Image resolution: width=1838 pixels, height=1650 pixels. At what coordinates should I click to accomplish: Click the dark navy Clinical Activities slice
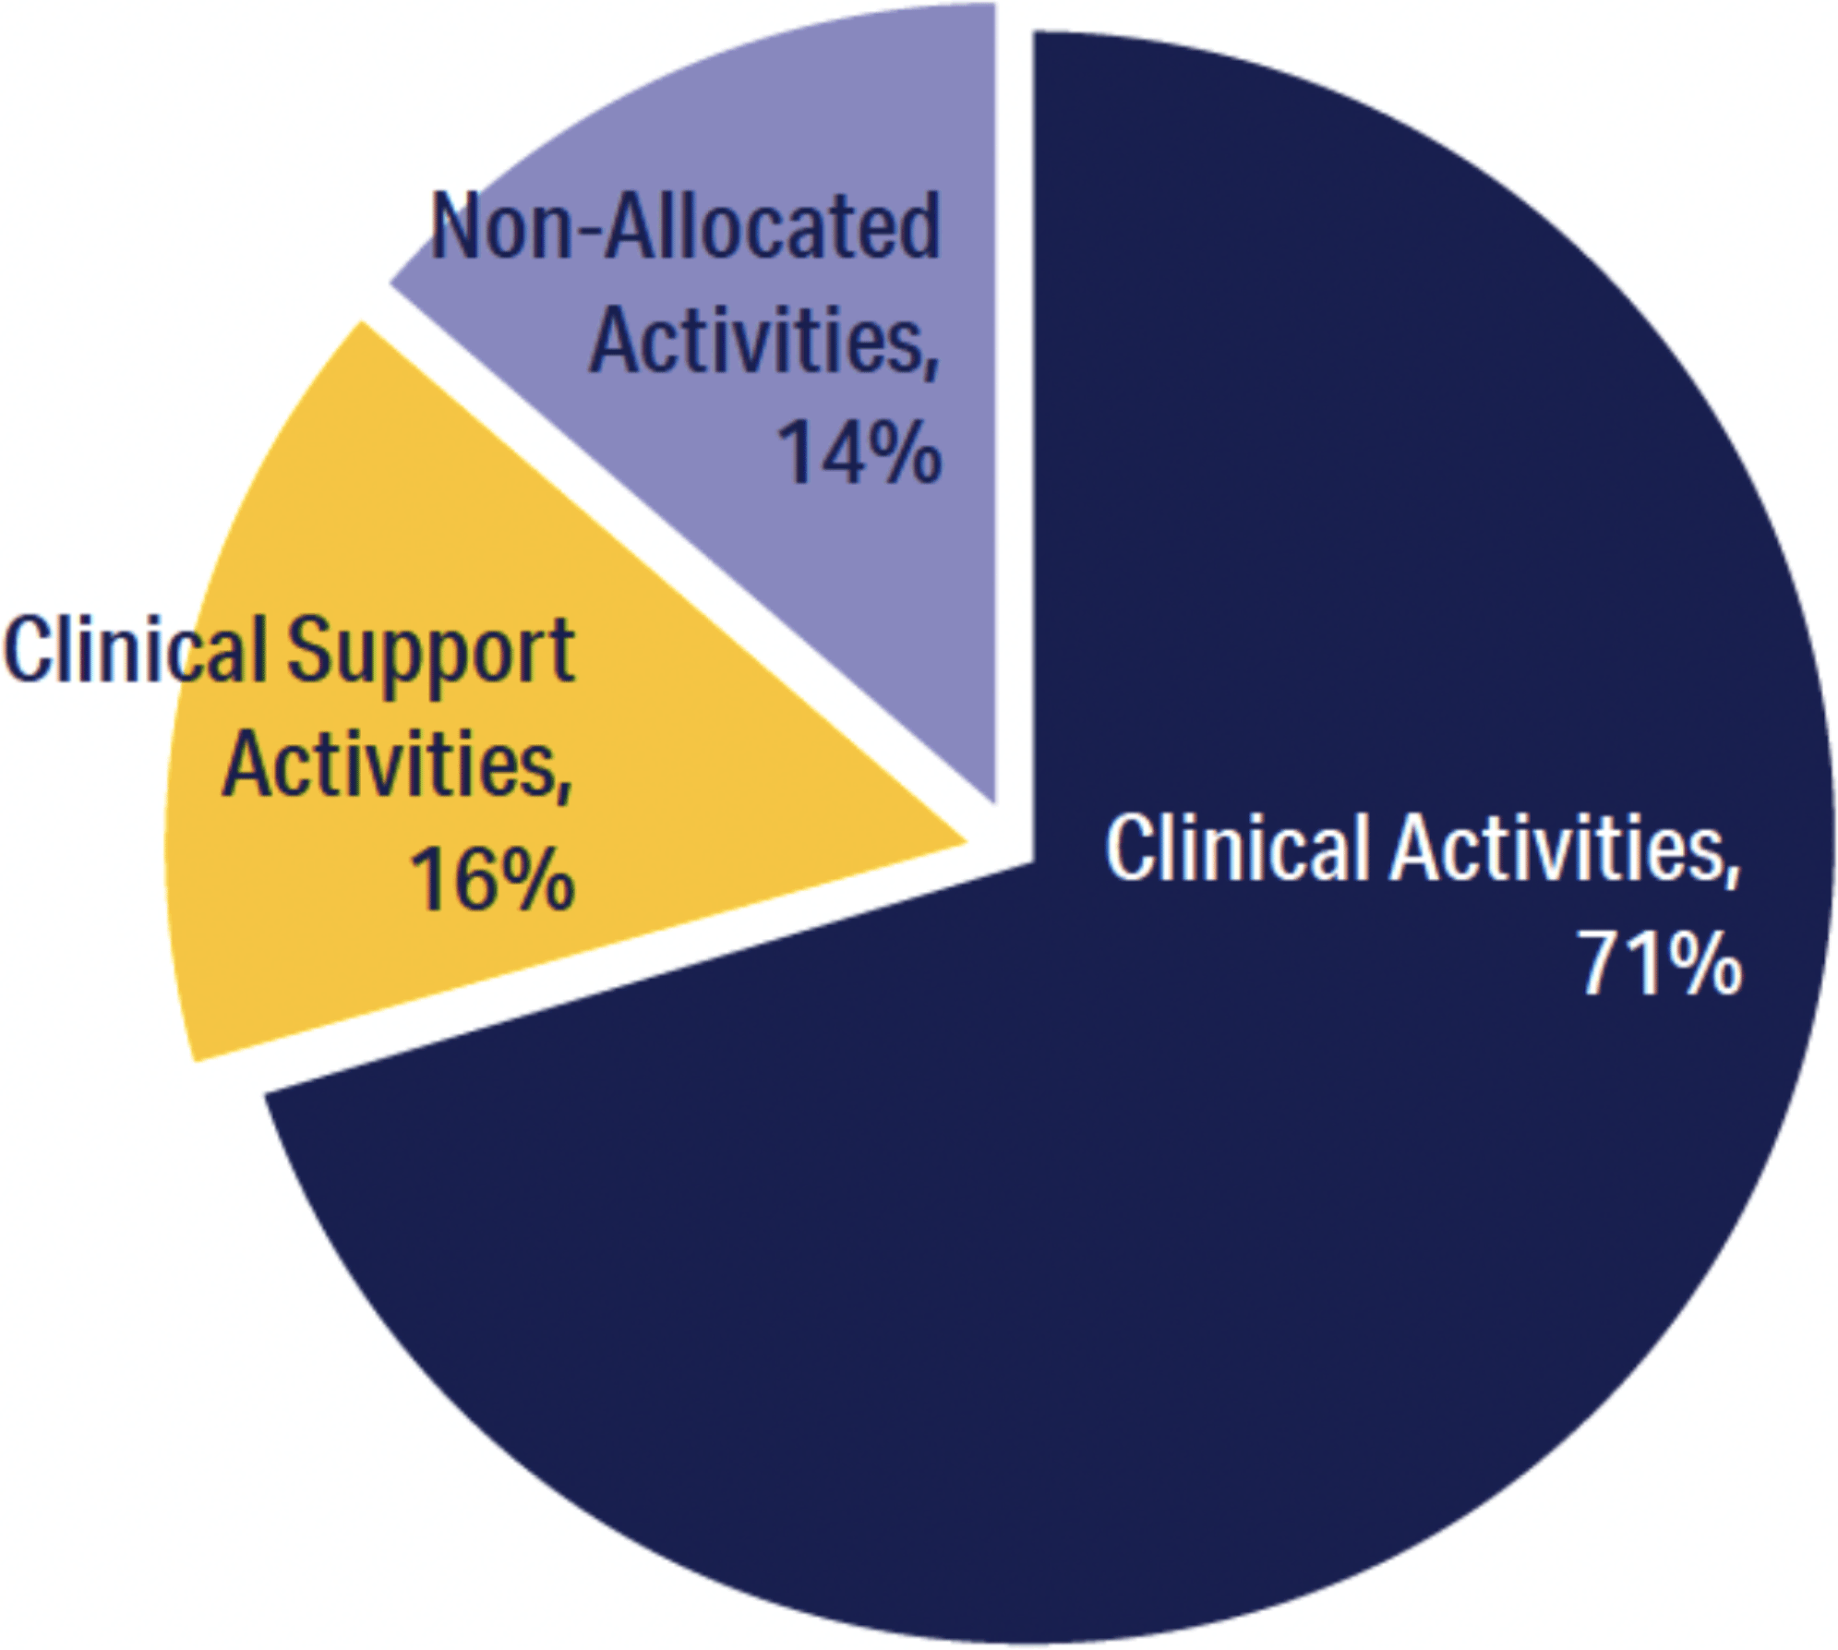[1200, 1247]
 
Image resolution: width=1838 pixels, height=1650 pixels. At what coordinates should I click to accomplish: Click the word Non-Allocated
[685, 226]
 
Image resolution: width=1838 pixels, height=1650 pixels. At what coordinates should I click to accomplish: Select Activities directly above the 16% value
[397, 766]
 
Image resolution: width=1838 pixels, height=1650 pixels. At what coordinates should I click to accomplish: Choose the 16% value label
[491, 879]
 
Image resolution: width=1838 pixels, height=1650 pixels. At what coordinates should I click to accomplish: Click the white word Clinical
[1237, 848]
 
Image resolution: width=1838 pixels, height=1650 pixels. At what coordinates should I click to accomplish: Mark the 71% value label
[1660, 963]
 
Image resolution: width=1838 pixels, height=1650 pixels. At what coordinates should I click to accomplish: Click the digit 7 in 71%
[1602, 963]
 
